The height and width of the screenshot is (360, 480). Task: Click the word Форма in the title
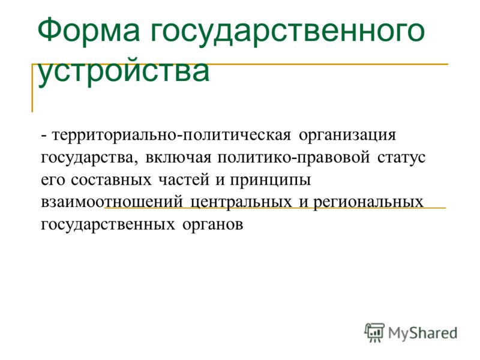point(88,31)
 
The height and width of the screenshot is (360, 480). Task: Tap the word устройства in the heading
point(124,72)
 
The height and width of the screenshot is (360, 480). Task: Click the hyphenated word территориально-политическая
point(171,136)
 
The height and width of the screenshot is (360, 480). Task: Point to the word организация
point(347,136)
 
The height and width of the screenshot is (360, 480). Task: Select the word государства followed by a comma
point(89,158)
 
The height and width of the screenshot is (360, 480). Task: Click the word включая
point(178,158)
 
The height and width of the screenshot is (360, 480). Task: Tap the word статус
point(401,158)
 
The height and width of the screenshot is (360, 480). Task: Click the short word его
point(53,181)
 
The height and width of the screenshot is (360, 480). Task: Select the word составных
point(111,180)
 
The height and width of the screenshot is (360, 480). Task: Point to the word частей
point(184,180)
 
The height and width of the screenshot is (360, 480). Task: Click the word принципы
point(271,181)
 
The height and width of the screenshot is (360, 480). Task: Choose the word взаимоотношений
point(112,202)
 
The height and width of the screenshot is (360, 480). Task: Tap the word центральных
point(241,203)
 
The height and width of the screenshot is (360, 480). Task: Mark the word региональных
point(368,203)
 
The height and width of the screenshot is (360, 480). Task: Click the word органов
point(213,226)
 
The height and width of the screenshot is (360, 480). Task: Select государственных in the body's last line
point(108,225)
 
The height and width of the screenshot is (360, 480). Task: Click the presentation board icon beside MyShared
point(374,332)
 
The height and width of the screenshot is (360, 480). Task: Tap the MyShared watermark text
point(423,333)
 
